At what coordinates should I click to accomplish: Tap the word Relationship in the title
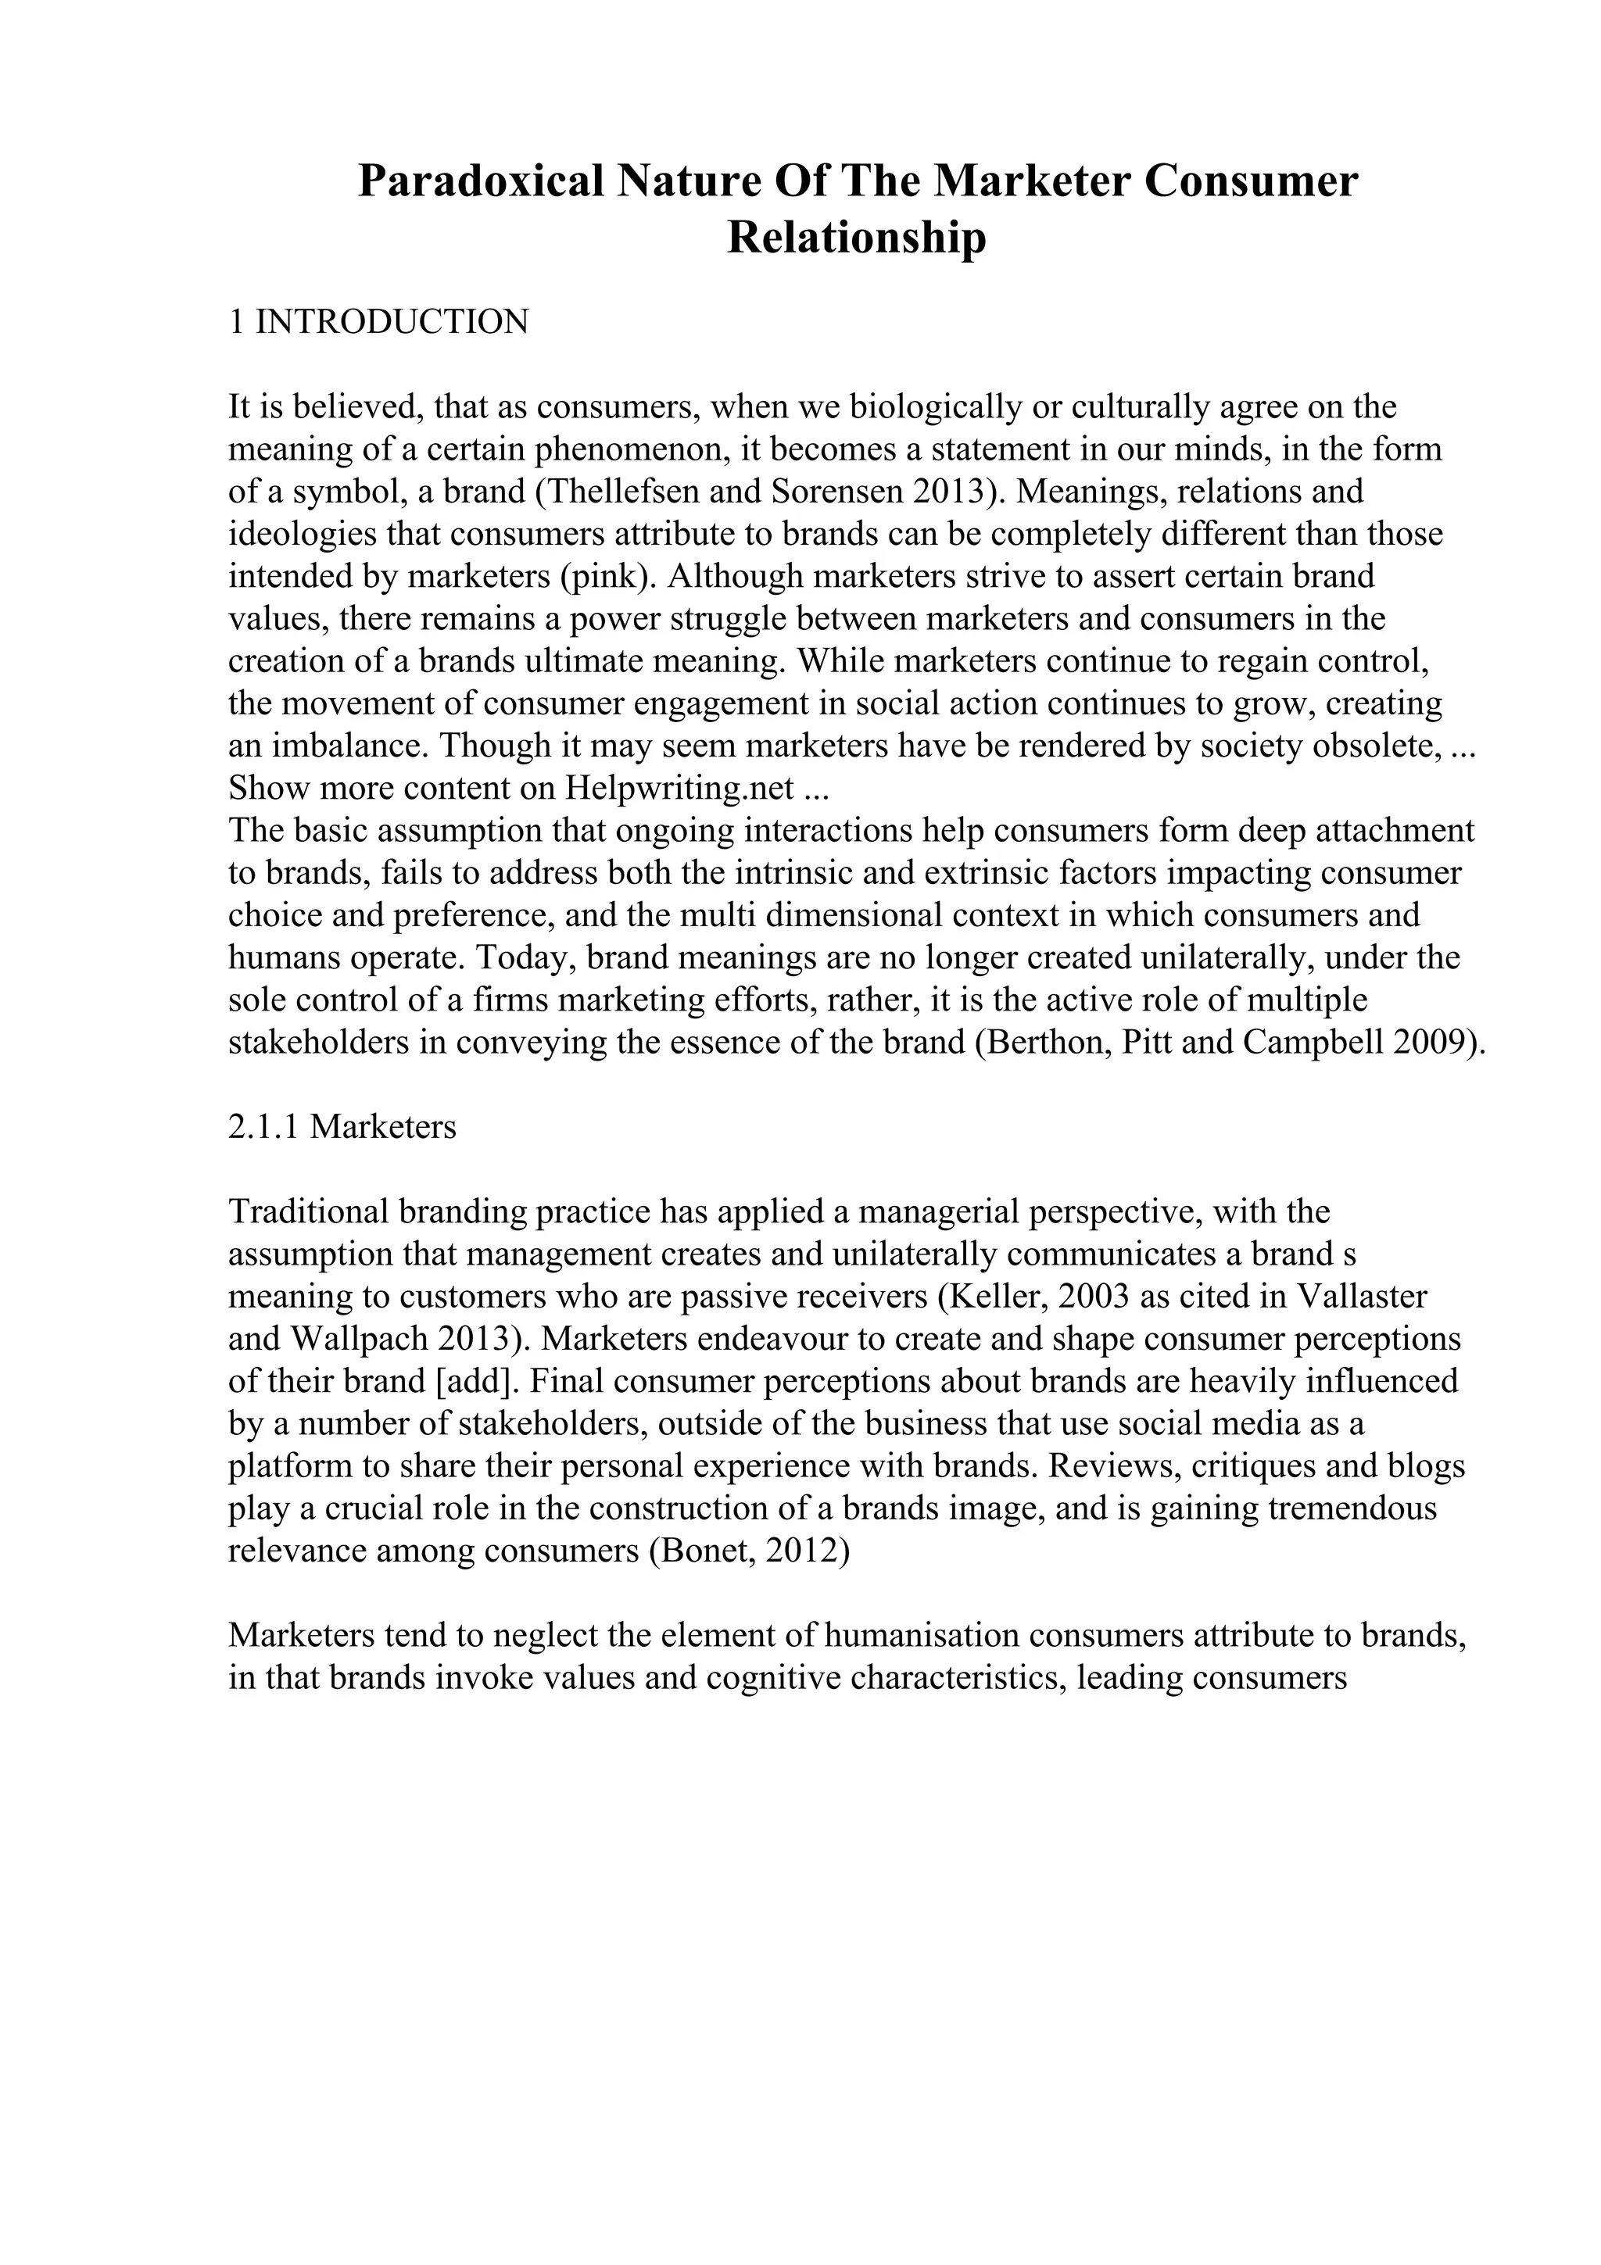pos(856,238)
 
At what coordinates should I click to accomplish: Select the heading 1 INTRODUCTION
pos(379,321)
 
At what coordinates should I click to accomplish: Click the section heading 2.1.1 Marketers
pos(342,1126)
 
